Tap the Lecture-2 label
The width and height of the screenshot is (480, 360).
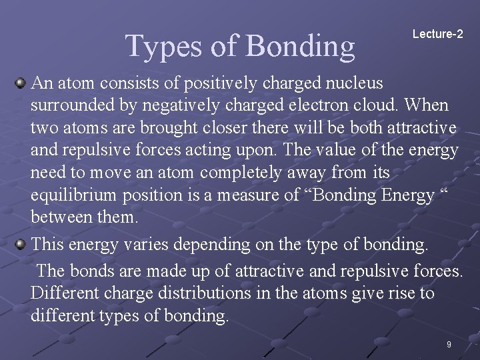click(x=437, y=33)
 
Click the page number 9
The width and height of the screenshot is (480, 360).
click(x=449, y=345)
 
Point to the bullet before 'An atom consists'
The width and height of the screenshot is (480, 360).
click(x=21, y=83)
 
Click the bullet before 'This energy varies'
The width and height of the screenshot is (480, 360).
click(x=21, y=244)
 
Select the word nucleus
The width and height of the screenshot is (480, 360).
click(x=351, y=83)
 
